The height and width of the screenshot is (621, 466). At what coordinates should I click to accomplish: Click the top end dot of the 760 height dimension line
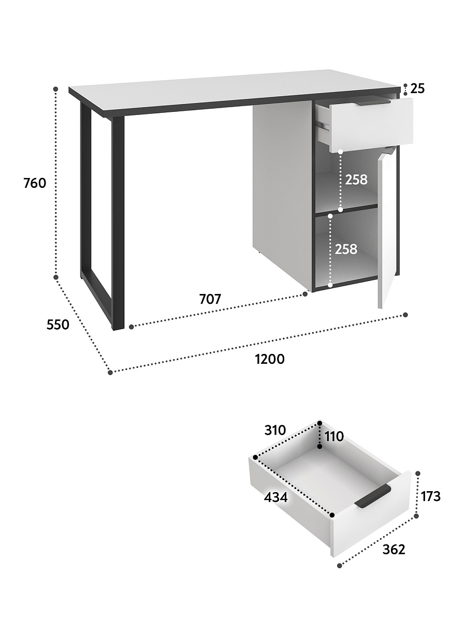[x=56, y=89]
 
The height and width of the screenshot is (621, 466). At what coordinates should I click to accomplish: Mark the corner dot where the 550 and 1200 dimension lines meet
[x=110, y=373]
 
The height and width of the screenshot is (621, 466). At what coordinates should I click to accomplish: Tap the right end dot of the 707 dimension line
[x=305, y=294]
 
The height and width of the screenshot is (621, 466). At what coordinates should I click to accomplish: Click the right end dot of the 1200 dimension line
[x=405, y=315]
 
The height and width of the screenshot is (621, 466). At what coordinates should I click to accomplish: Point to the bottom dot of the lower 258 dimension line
[x=330, y=286]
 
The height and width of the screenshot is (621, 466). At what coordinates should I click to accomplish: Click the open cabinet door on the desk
[x=387, y=228]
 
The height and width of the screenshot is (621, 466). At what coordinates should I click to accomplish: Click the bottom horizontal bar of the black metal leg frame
[x=97, y=299]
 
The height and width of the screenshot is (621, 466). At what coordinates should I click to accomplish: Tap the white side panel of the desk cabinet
[x=282, y=195]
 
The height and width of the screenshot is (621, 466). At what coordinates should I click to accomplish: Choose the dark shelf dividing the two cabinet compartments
[x=346, y=210]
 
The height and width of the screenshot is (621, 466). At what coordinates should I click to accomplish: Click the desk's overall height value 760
[x=35, y=183]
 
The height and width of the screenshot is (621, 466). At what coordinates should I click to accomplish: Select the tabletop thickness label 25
[x=418, y=88]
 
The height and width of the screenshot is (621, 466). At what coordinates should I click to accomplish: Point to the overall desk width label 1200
[x=270, y=359]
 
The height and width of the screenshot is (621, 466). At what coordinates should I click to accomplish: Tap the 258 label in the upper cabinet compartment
[x=356, y=180]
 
